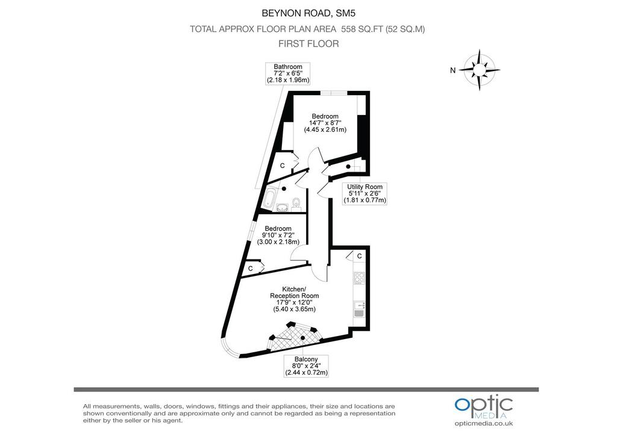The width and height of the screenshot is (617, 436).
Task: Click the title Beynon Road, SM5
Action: (x=308, y=13)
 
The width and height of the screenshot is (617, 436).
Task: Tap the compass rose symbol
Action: (x=480, y=70)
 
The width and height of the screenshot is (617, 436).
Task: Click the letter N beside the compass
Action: (x=453, y=70)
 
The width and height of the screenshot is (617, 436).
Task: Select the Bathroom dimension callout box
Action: (x=288, y=73)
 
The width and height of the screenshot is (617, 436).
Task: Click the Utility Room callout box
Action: (x=365, y=193)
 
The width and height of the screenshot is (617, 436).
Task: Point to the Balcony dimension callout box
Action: (x=306, y=366)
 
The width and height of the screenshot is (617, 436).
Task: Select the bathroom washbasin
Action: (x=283, y=207)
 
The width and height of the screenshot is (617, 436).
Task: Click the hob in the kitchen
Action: (x=359, y=278)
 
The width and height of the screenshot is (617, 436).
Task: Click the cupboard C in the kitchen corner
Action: (x=359, y=257)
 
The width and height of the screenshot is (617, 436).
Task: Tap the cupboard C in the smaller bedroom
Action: (x=250, y=269)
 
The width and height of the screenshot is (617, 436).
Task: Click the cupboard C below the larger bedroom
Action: (x=282, y=166)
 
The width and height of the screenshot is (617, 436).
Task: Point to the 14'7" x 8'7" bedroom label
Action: (x=325, y=123)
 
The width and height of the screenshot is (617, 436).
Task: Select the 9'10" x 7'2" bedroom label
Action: (x=278, y=235)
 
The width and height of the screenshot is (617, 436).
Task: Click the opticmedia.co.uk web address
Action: (x=484, y=423)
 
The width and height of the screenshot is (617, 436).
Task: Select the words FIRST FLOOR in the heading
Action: (x=308, y=43)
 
